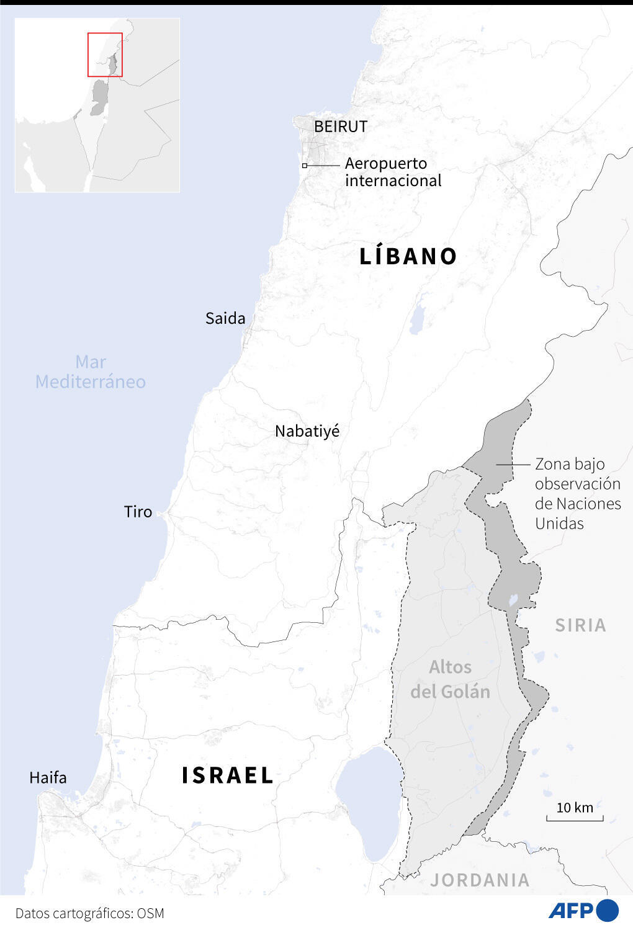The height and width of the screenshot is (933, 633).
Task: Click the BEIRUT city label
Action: coord(340,127)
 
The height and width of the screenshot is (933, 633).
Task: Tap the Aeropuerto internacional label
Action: coord(392,172)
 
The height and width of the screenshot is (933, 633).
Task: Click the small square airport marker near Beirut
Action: coord(305,166)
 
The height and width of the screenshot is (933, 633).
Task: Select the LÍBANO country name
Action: coord(408,256)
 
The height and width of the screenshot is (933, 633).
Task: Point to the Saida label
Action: coord(225,318)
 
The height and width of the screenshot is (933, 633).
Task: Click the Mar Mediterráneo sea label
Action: coord(91,372)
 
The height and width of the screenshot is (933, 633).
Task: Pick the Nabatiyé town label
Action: coord(307,431)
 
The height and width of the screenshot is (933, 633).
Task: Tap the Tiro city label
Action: coord(138,512)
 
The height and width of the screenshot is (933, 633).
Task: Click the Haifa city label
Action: coord(48,778)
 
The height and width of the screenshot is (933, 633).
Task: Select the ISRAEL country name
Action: coord(228,775)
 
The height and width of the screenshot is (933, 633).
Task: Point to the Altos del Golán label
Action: coord(450,679)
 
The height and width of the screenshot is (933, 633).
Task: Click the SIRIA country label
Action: coord(580,625)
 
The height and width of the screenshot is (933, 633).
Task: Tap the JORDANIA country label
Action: coord(480,880)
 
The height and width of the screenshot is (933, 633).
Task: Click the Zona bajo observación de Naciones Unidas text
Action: coord(577,494)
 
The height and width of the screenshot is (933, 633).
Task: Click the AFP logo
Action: coord(583,910)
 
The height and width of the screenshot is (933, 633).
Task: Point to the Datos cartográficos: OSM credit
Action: coord(89,913)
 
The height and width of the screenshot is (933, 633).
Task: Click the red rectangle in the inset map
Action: coord(105,55)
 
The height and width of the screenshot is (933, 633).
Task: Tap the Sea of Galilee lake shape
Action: coord(369,803)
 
